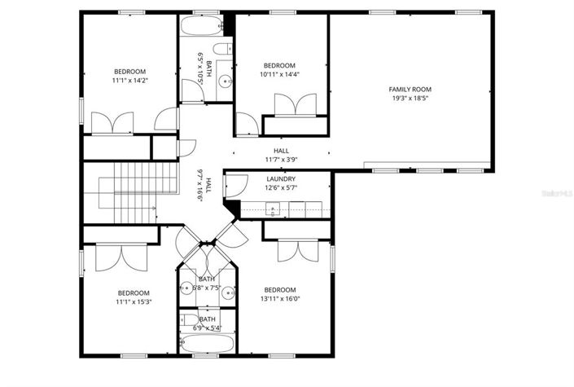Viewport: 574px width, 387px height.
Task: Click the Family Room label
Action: [x=410, y=90]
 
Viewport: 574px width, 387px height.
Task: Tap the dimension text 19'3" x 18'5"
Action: [x=410, y=99]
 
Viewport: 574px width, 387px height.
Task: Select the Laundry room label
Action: [x=281, y=179]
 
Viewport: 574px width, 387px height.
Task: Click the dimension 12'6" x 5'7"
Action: [x=281, y=189]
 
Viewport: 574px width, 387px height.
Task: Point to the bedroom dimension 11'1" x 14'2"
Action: [x=130, y=81]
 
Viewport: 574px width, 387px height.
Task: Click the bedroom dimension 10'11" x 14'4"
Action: [x=279, y=75]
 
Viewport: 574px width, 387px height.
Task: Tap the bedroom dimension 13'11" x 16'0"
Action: [x=279, y=299]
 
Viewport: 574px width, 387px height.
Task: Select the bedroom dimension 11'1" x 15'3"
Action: [x=133, y=302]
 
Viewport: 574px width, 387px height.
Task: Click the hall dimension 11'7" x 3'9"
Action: [x=282, y=160]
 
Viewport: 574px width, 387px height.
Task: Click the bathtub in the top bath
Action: [x=200, y=27]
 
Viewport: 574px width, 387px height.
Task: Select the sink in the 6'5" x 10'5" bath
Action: [x=227, y=80]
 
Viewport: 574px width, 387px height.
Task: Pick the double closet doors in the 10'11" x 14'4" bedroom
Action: [x=295, y=106]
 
